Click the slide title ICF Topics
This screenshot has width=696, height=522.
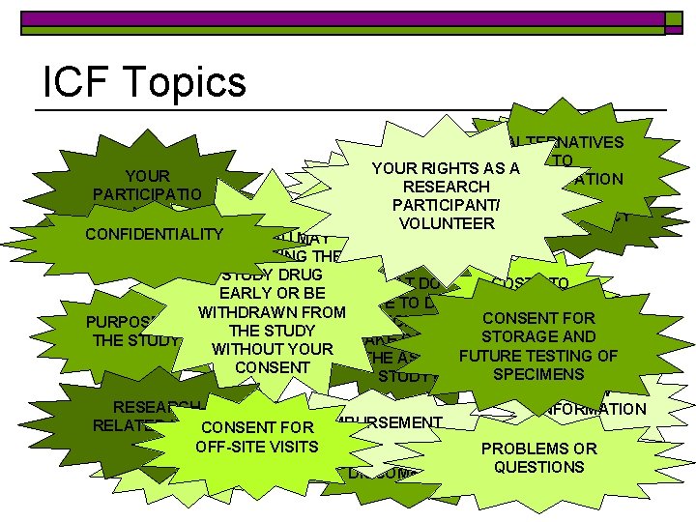(144, 82)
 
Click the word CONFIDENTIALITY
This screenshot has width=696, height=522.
(154, 235)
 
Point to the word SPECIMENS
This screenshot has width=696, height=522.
(538, 373)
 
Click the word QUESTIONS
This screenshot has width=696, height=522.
(538, 467)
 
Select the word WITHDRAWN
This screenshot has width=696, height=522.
(245, 312)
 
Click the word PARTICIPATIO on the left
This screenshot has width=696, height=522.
(147, 194)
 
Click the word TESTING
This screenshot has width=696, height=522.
(558, 355)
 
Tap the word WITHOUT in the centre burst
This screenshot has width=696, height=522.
(243, 349)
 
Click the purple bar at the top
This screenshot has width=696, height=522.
(348, 18)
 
